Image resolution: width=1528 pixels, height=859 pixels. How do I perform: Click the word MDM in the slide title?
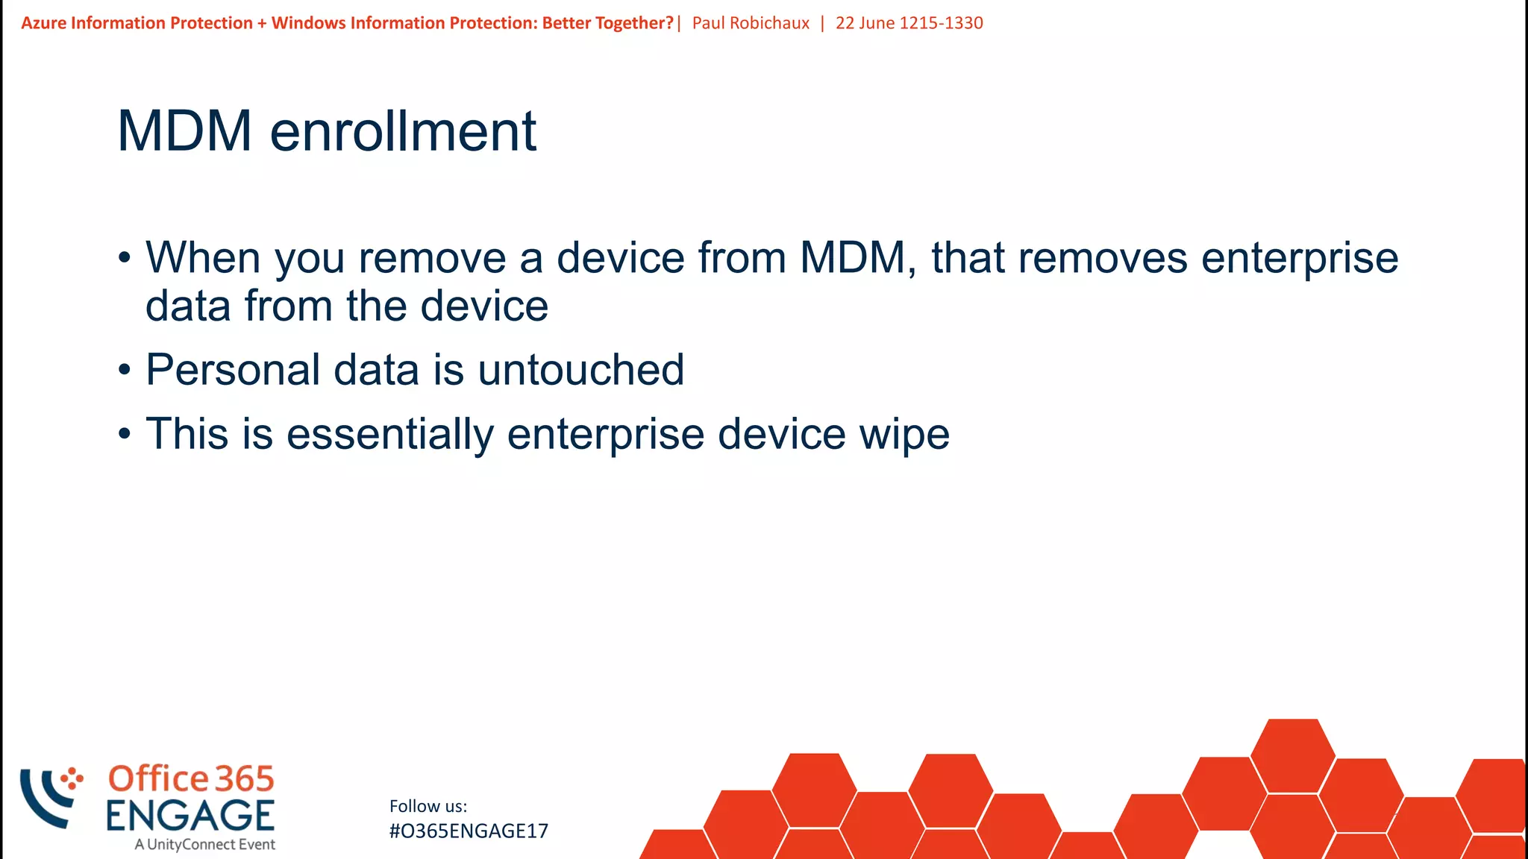(x=184, y=131)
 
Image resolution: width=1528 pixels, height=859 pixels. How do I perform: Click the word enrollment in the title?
(x=403, y=131)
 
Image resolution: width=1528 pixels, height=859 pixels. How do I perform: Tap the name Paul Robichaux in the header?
(x=751, y=23)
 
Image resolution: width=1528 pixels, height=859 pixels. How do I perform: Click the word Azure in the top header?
(x=43, y=23)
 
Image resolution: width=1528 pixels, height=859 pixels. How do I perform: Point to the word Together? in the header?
(x=634, y=23)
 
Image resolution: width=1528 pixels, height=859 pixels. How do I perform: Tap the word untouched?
(x=580, y=370)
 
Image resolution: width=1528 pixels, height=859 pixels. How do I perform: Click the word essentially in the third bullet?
(x=390, y=434)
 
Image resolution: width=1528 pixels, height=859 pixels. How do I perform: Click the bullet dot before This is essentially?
(x=125, y=433)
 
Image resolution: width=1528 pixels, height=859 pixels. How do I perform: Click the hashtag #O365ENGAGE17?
(x=469, y=831)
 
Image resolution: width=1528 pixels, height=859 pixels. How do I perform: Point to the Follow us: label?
(x=428, y=806)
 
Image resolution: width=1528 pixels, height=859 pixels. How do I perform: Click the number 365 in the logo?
(x=245, y=779)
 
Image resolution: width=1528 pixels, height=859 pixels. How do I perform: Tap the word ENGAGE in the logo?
(x=190, y=815)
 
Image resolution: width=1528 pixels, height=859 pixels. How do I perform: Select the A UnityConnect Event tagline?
(x=204, y=845)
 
